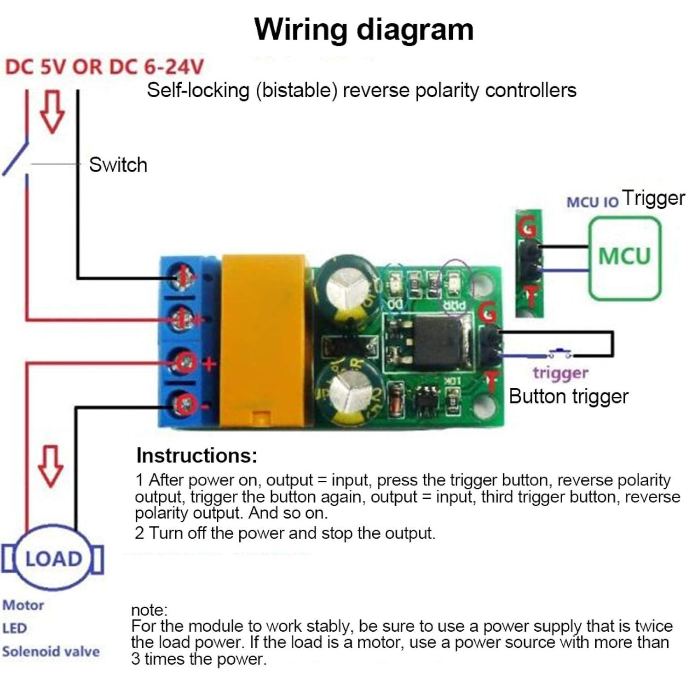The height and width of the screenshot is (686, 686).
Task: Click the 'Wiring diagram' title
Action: click(363, 29)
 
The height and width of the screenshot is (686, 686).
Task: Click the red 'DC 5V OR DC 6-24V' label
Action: click(104, 67)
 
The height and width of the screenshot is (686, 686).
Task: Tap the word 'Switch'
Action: click(118, 165)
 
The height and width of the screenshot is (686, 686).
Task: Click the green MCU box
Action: click(624, 258)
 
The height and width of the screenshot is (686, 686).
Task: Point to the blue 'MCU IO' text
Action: click(592, 202)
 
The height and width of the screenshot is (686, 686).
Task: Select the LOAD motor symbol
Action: click(53, 558)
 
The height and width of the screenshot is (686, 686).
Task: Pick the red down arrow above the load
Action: click(50, 466)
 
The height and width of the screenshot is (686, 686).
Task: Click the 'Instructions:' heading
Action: click(196, 455)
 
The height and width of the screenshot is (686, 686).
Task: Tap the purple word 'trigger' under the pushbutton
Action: click(560, 373)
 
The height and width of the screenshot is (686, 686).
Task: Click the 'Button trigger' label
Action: click(568, 397)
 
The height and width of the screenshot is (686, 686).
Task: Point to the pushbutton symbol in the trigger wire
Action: click(559, 353)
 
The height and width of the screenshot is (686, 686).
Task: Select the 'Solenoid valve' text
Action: click(51, 651)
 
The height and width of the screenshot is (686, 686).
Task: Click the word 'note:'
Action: click(149, 610)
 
